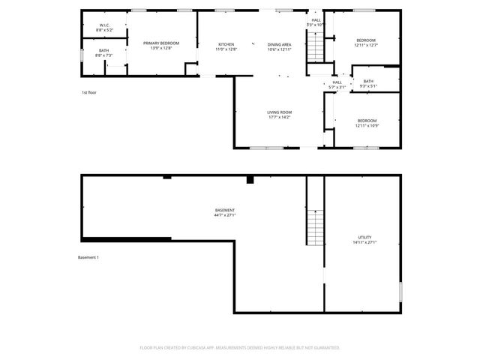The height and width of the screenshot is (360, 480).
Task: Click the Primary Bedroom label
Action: pos(161,43)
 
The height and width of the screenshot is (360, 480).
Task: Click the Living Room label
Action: pos(279,112)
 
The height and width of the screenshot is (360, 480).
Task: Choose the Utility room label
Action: pos(365,237)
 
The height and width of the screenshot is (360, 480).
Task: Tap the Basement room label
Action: pos(225,210)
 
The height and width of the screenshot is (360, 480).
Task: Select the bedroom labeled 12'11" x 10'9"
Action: pos(366,121)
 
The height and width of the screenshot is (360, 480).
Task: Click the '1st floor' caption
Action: pos(89,92)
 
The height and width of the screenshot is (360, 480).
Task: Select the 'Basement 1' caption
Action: pos(88,257)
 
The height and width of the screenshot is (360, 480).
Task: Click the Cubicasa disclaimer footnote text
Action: pos(240,347)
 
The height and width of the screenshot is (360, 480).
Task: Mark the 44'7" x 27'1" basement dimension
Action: pos(225,215)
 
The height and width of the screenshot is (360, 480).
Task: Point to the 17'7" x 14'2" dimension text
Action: pos(279,117)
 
